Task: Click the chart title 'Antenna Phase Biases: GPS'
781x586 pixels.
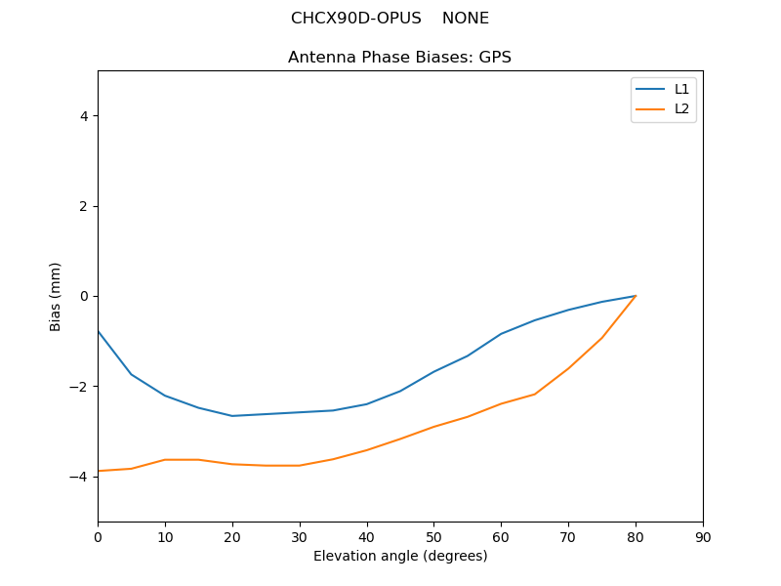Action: [x=399, y=58]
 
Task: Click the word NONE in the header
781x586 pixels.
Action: [x=466, y=19]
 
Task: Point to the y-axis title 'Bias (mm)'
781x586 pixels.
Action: [x=56, y=296]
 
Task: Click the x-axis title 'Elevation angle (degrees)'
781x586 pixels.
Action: [x=400, y=556]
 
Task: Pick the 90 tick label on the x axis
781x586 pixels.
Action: [x=703, y=536]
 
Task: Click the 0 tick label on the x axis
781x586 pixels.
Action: [x=98, y=536]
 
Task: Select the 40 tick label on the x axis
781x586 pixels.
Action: [x=367, y=536]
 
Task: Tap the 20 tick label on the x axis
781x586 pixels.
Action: [x=232, y=536]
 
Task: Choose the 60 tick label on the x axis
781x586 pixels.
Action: [x=501, y=536]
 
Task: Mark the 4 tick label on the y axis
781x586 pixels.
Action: [x=83, y=116]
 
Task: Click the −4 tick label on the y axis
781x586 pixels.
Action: [x=79, y=477]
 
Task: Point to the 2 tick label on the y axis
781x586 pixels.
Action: [x=83, y=206]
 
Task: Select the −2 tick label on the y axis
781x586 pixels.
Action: [x=79, y=387]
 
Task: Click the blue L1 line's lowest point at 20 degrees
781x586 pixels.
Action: [x=232, y=416]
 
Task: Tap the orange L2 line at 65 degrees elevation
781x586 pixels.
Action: [x=535, y=394]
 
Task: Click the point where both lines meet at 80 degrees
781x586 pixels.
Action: [x=636, y=296]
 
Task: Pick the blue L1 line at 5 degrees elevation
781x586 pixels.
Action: [x=131, y=374]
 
